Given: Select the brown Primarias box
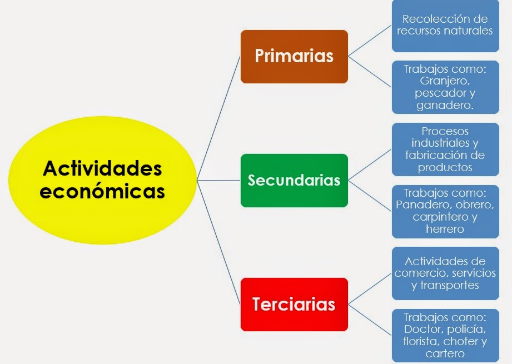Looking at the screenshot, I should (294, 56).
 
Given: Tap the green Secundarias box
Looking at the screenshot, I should (294, 181).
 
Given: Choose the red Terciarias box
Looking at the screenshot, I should (294, 305).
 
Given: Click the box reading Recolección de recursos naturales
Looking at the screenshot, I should (445, 25).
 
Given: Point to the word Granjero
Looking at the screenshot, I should (445, 81).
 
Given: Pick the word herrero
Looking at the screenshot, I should (445, 229).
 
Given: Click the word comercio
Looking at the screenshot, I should (421, 273).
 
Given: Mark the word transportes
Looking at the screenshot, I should (451, 286).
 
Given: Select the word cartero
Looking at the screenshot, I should (445, 353).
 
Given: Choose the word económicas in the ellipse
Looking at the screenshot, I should (103, 191).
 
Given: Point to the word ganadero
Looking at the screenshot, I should (445, 105).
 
